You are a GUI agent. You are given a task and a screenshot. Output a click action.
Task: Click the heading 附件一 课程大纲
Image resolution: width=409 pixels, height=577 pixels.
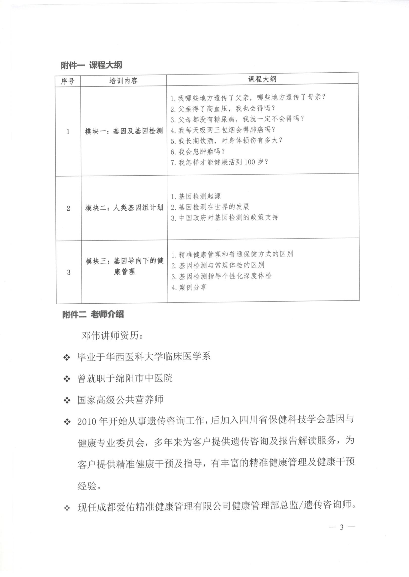pyautogui.click(x=91, y=65)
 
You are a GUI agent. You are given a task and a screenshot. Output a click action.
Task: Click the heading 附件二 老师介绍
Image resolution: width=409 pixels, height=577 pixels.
pyautogui.click(x=93, y=315)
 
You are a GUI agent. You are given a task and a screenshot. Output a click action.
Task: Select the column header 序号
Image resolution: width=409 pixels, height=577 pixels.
pyautogui.click(x=67, y=81)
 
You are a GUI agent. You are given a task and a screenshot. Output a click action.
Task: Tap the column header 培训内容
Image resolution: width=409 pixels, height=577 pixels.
pyautogui.click(x=123, y=81)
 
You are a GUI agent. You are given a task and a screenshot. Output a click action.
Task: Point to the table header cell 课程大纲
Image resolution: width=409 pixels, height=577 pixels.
pyautogui.click(x=262, y=79)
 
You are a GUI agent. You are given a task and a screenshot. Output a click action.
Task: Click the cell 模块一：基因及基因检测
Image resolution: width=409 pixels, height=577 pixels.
pyautogui.click(x=124, y=131)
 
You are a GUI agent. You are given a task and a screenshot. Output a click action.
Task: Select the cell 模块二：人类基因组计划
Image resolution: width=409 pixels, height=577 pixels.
pyautogui.click(x=124, y=208)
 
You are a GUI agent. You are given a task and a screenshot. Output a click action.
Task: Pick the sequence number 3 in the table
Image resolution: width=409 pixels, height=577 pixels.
pyautogui.click(x=69, y=272)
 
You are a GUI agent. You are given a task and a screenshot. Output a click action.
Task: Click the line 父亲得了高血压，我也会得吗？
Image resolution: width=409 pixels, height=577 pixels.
pyautogui.click(x=223, y=108)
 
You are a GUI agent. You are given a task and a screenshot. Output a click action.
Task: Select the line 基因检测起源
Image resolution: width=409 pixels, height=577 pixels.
pyautogui.click(x=196, y=196)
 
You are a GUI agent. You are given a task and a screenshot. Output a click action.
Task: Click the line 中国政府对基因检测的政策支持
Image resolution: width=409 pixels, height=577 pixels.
pyautogui.click(x=225, y=218)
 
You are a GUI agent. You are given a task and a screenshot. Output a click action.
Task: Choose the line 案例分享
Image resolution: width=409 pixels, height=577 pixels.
pyautogui.click(x=189, y=287)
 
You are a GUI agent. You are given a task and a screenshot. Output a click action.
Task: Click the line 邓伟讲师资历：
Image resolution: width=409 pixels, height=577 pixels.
pyautogui.click(x=112, y=336)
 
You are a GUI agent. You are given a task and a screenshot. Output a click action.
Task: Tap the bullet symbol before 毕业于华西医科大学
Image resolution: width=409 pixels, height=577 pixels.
pyautogui.click(x=66, y=357)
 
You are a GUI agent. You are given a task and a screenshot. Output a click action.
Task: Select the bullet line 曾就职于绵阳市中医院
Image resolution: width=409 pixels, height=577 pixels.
pyautogui.click(x=125, y=378)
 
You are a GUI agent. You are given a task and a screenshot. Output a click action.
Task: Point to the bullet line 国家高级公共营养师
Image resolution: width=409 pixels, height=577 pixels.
pyautogui.click(x=120, y=400)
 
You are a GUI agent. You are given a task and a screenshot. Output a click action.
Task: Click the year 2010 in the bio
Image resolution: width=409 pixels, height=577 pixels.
pyautogui.click(x=87, y=421)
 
